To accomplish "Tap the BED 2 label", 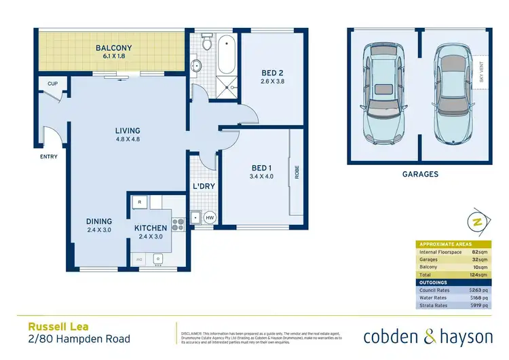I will (x=274, y=74).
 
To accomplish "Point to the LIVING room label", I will (x=127, y=130).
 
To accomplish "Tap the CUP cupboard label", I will (x=52, y=84).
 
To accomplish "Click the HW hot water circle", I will (x=210, y=218).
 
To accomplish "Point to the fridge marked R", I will (x=139, y=202).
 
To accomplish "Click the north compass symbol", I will (x=478, y=222).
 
